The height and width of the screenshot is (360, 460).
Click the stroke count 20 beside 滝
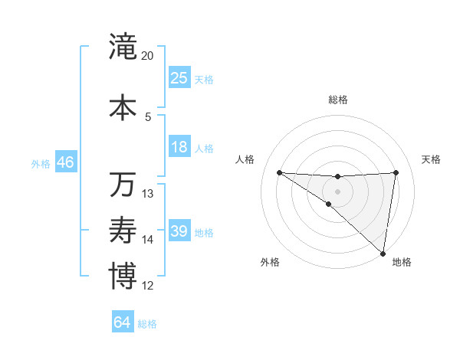click(x=148, y=56)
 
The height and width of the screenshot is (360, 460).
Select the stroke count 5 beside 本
click(x=148, y=116)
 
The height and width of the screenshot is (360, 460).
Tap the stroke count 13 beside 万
click(x=148, y=194)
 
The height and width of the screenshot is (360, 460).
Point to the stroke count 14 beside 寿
click(x=148, y=240)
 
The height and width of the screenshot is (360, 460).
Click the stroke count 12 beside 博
click(x=148, y=286)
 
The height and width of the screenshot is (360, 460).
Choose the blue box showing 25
click(x=179, y=78)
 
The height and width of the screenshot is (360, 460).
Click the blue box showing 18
click(x=179, y=147)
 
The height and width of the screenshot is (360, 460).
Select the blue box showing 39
click(x=179, y=231)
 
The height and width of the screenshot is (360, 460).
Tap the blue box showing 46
click(x=65, y=162)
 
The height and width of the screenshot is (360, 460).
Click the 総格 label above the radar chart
click(x=337, y=100)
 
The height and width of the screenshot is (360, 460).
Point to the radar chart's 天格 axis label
click(x=432, y=159)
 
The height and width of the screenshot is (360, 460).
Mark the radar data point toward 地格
click(x=383, y=253)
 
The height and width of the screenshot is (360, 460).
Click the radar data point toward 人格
click(x=279, y=172)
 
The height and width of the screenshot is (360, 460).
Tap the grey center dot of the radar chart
click(x=337, y=191)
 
